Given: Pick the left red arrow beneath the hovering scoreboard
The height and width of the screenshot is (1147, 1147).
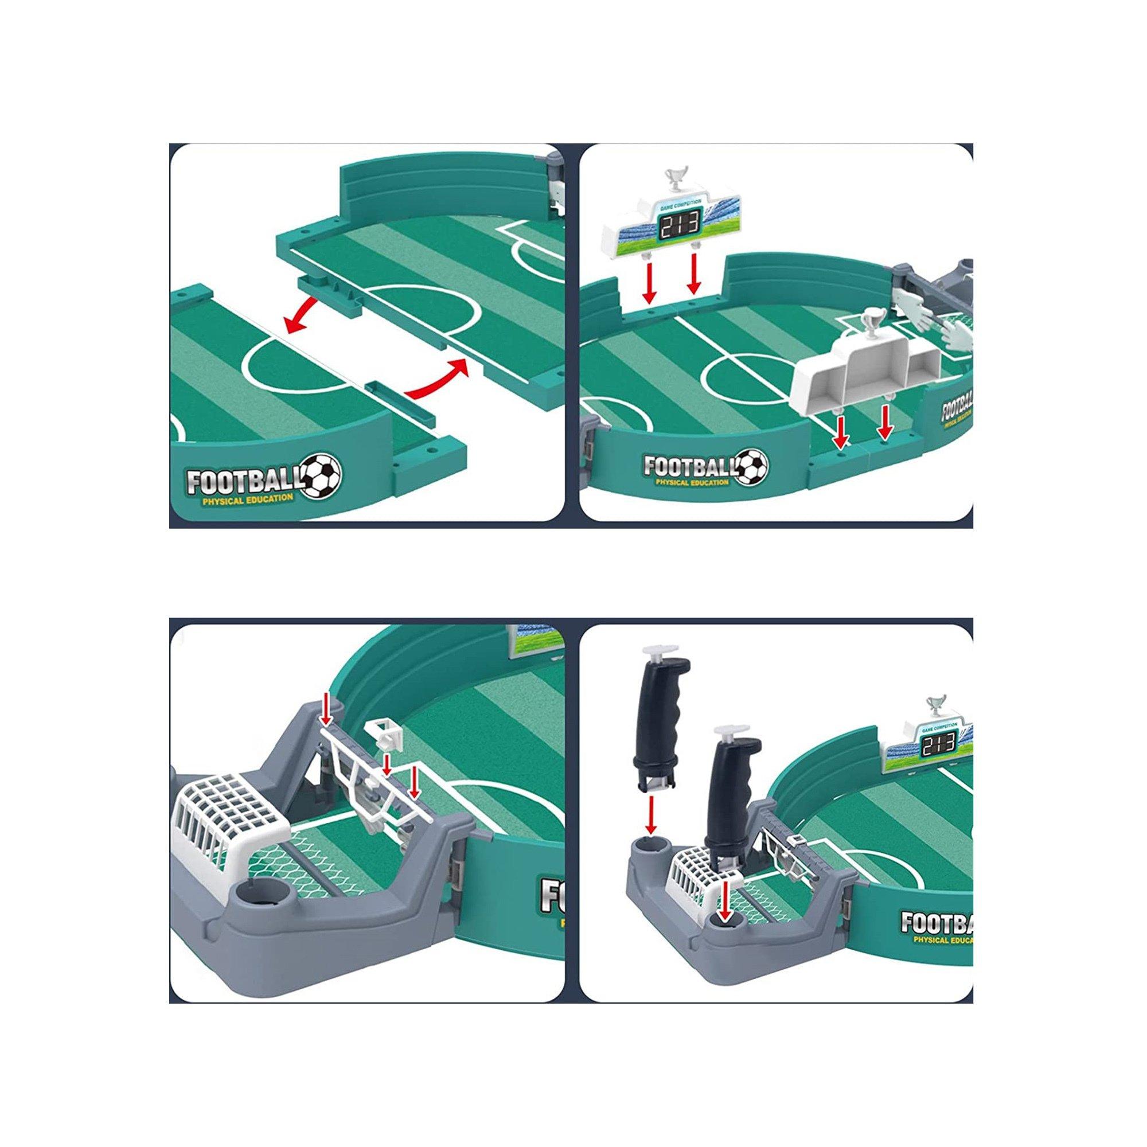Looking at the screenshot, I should click(650, 285).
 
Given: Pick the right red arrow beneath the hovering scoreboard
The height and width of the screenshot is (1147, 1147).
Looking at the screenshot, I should click(693, 278).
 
